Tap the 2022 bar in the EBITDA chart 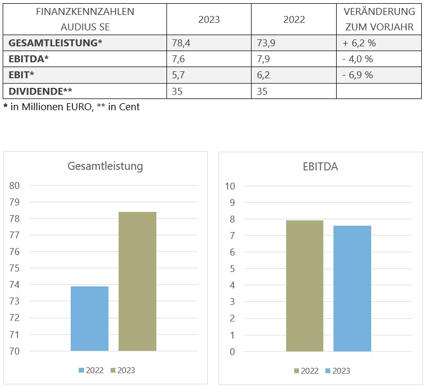coord(304,286)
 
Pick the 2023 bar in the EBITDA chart coord(352,289)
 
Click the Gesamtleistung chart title coord(105,166)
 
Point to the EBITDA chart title coord(320,167)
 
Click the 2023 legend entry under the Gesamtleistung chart coord(123,370)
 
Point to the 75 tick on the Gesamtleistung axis coord(14,268)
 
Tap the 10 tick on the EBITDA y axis coord(230,186)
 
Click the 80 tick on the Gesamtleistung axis coord(14,185)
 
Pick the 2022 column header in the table coord(294,19)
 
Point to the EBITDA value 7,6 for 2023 coord(178,59)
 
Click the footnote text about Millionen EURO coord(72,106)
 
